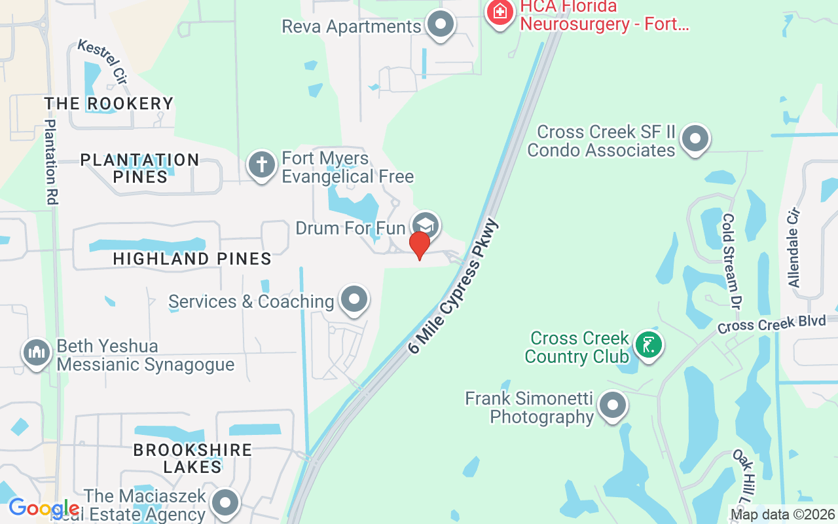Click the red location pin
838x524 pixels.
[419, 245]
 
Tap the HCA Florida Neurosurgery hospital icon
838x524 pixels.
[500, 12]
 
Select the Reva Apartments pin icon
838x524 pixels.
[440, 25]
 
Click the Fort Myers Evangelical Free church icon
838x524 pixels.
[262, 164]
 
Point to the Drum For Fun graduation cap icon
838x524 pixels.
[426, 225]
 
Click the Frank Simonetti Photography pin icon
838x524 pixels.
[613, 405]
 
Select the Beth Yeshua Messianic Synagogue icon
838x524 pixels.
[37, 352]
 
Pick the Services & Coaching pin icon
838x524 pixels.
[355, 299]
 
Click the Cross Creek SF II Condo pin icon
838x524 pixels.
[695, 140]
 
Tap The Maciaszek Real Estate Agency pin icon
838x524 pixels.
[227, 503]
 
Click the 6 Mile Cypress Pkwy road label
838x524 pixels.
[454, 287]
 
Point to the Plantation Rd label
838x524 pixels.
[50, 162]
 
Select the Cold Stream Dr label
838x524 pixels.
[731, 261]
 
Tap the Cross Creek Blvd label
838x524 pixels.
[762, 325]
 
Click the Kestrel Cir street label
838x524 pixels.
[102, 62]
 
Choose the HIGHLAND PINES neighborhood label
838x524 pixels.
[192, 259]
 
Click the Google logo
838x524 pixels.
[44, 508]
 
